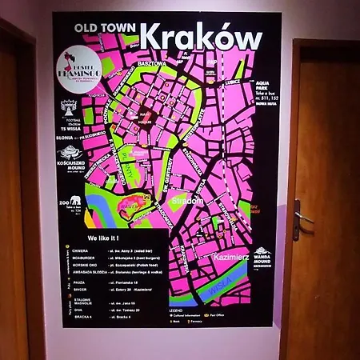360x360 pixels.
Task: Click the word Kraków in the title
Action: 200,38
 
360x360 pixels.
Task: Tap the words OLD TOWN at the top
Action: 105,26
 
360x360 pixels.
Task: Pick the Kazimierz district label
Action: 231,258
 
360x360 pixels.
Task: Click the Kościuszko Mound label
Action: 71,166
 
